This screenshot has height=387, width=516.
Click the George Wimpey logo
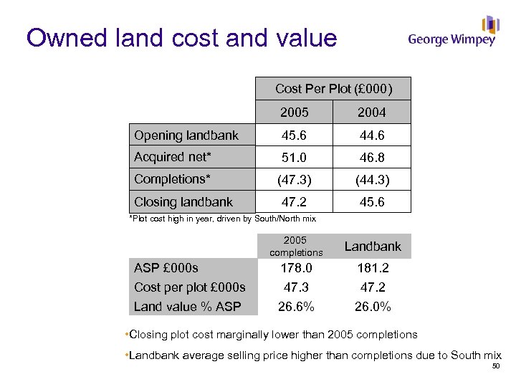(452, 32)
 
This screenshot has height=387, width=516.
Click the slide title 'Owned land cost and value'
(181, 37)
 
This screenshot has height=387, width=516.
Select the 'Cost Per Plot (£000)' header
(333, 89)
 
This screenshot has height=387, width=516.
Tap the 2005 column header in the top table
(295, 112)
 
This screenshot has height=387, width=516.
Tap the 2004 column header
(372, 112)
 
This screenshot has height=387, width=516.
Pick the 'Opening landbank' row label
(186, 135)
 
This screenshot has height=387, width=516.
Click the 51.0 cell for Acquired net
(295, 158)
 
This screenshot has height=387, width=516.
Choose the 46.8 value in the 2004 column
(372, 158)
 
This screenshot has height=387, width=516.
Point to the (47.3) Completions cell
(295, 180)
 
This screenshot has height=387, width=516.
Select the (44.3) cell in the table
(372, 180)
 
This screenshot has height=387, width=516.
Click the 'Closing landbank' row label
(183, 202)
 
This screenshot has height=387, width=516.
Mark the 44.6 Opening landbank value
(372, 135)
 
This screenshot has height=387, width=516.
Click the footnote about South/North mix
(221, 218)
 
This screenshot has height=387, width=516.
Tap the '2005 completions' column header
(295, 246)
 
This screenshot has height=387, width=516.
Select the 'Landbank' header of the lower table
(373, 246)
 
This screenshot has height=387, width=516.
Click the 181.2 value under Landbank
(373, 268)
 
